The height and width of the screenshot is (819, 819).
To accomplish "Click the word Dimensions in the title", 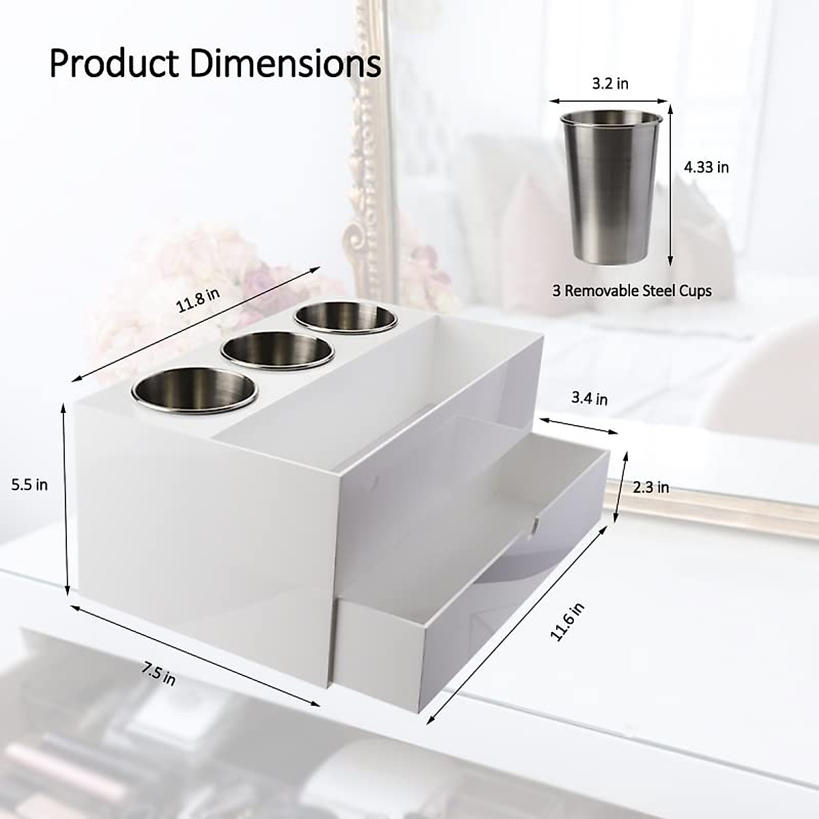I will point(285,64).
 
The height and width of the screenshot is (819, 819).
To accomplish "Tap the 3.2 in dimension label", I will point(609,83).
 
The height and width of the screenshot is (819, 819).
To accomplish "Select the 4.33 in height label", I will point(706,167).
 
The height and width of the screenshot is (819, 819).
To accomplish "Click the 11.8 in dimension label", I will point(198,300).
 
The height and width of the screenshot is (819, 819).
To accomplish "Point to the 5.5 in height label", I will point(29,485).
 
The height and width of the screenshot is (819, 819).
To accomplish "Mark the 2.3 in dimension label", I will point(651,487).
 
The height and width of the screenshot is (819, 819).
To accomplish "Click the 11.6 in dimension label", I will point(568,621).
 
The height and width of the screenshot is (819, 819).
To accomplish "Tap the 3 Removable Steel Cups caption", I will point(631,291).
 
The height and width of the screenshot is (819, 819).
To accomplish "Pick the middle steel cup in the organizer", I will point(277,351).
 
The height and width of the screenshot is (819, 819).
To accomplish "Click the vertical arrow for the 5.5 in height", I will point(66,498).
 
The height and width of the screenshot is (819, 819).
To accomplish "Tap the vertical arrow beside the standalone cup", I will point(671,184).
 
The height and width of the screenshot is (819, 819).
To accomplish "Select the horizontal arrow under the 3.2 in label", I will point(609,100).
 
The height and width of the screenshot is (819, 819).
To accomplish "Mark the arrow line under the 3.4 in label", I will point(579,422).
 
